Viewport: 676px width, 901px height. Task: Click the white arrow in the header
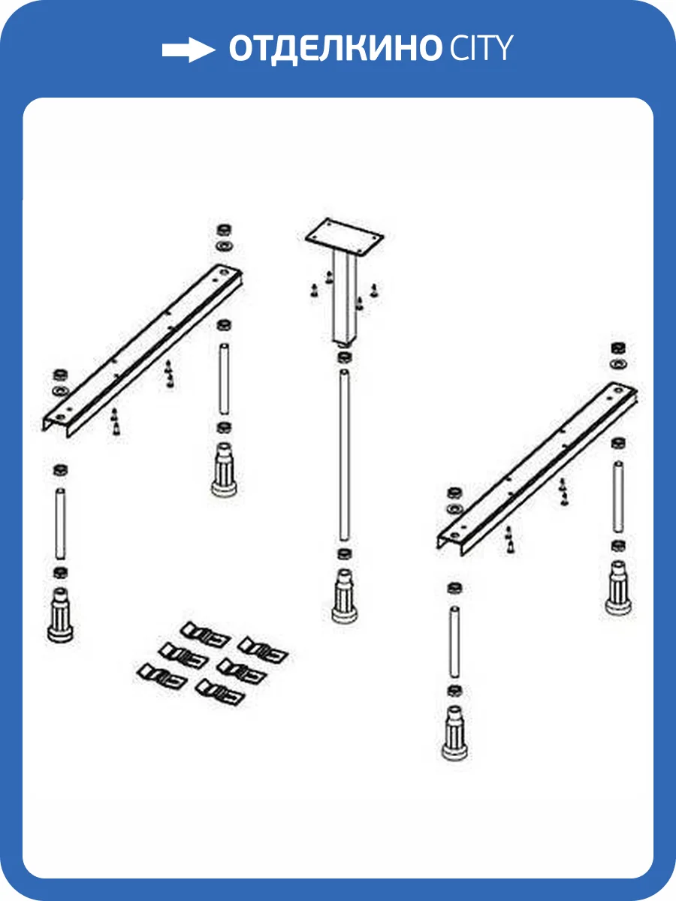[189, 50]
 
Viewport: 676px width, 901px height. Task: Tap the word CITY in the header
[481, 47]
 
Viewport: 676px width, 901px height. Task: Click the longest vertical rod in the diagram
[344, 455]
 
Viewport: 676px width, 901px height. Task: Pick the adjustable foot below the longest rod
[344, 595]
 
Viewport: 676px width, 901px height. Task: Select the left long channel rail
[143, 350]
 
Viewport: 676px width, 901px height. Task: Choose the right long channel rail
[537, 469]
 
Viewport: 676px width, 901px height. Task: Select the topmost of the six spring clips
[205, 634]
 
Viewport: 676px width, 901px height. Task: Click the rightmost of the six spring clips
[263, 649]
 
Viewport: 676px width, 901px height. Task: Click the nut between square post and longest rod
[344, 357]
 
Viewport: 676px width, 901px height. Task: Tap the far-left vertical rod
[60, 524]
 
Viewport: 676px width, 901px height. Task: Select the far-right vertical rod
[618, 497]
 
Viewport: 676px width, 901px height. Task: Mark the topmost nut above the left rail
[224, 230]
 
